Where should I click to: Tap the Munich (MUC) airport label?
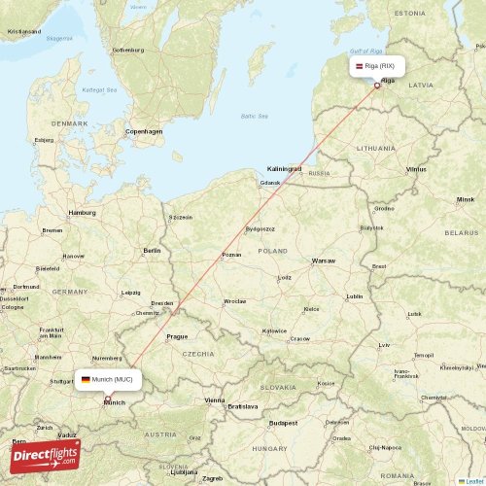pyautogui.click(x=108, y=379)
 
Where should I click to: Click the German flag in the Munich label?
pyautogui.click(x=86, y=379)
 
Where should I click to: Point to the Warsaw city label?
pyautogui.click(x=323, y=260)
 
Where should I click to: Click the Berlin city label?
pyautogui.click(x=152, y=250)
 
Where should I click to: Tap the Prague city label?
pyautogui.click(x=176, y=336)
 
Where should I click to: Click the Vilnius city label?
pyautogui.click(x=416, y=169)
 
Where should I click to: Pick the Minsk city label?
pyautogui.click(x=466, y=199)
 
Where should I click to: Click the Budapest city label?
pyautogui.click(x=284, y=423)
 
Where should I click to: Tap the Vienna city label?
pyautogui.click(x=214, y=399)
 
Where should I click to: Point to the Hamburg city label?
pyautogui.click(x=82, y=211)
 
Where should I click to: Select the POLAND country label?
pyautogui.click(x=272, y=250)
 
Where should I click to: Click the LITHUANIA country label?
pyautogui.click(x=375, y=147)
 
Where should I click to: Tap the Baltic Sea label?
pyautogui.click(x=254, y=116)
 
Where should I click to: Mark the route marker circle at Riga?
pyautogui.click(x=377, y=86)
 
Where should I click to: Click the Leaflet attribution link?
pyautogui.click(x=472, y=480)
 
